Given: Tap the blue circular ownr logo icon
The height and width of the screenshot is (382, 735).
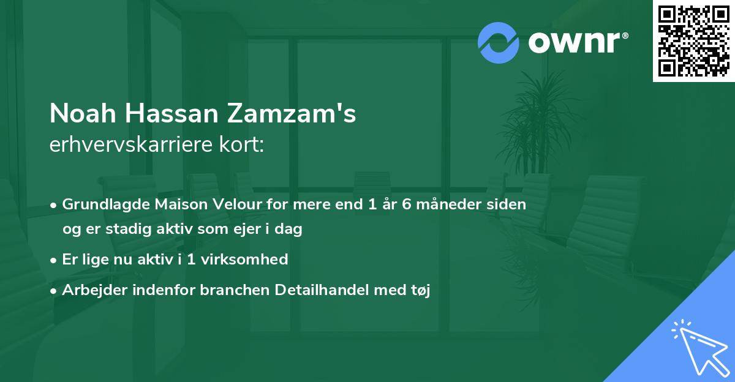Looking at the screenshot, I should point(499,43).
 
